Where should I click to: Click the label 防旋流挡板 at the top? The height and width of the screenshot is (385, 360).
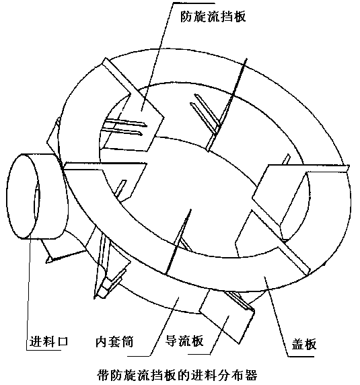pyautogui.click(x=213, y=16)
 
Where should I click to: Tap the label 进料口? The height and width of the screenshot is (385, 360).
pyautogui.click(x=49, y=341)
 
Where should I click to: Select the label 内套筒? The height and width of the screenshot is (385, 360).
pyautogui.click(x=114, y=342)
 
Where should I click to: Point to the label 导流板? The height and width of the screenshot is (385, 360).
pyautogui.click(x=184, y=341)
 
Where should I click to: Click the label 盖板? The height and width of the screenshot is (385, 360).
pyautogui.click(x=303, y=344)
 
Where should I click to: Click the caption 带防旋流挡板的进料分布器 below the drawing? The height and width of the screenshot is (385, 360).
pyautogui.click(x=177, y=375)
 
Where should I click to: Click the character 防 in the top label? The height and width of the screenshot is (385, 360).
pyautogui.click(x=187, y=16)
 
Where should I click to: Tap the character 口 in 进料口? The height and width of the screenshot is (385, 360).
pyautogui.click(x=62, y=341)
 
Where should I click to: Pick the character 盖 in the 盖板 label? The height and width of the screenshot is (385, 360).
pyautogui.click(x=297, y=344)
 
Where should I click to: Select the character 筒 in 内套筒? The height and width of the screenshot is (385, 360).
pyautogui.click(x=128, y=342)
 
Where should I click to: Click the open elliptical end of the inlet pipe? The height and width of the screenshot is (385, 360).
pyautogui.click(x=23, y=197)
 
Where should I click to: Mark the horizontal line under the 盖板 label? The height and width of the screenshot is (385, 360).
pyautogui.click(x=301, y=356)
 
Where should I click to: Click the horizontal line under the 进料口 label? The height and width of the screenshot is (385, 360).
pyautogui.click(x=44, y=350)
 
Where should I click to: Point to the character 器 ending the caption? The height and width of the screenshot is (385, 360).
pyautogui.click(x=251, y=375)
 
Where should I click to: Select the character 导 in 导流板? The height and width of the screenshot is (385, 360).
pyautogui.click(x=172, y=341)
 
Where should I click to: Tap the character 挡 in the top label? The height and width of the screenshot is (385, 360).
pyautogui.click(x=226, y=16)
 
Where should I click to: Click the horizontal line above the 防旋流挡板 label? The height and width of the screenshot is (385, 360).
pyautogui.click(x=194, y=3)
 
